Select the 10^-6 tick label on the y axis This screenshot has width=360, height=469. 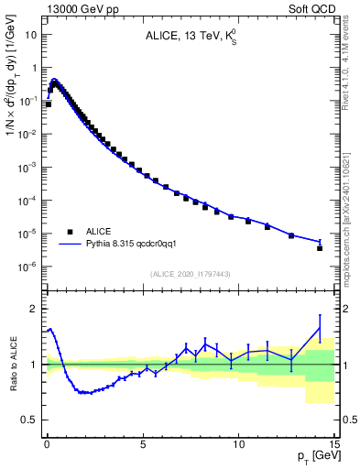tap(29, 267)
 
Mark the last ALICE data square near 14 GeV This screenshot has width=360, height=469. tap(320, 247)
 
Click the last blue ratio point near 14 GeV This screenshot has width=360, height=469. tap(320, 328)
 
